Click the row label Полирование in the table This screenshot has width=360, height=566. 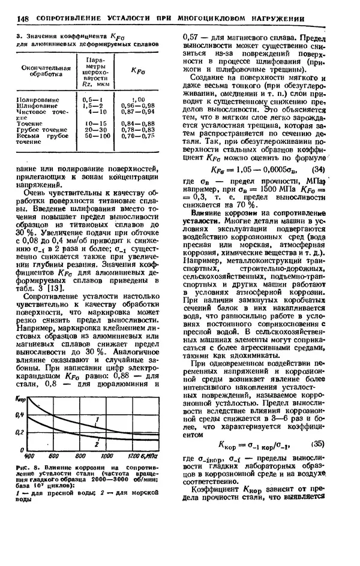tap(38, 98)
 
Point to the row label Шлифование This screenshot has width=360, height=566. tap(37, 104)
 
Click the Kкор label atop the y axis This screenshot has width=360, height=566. tap(20, 399)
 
